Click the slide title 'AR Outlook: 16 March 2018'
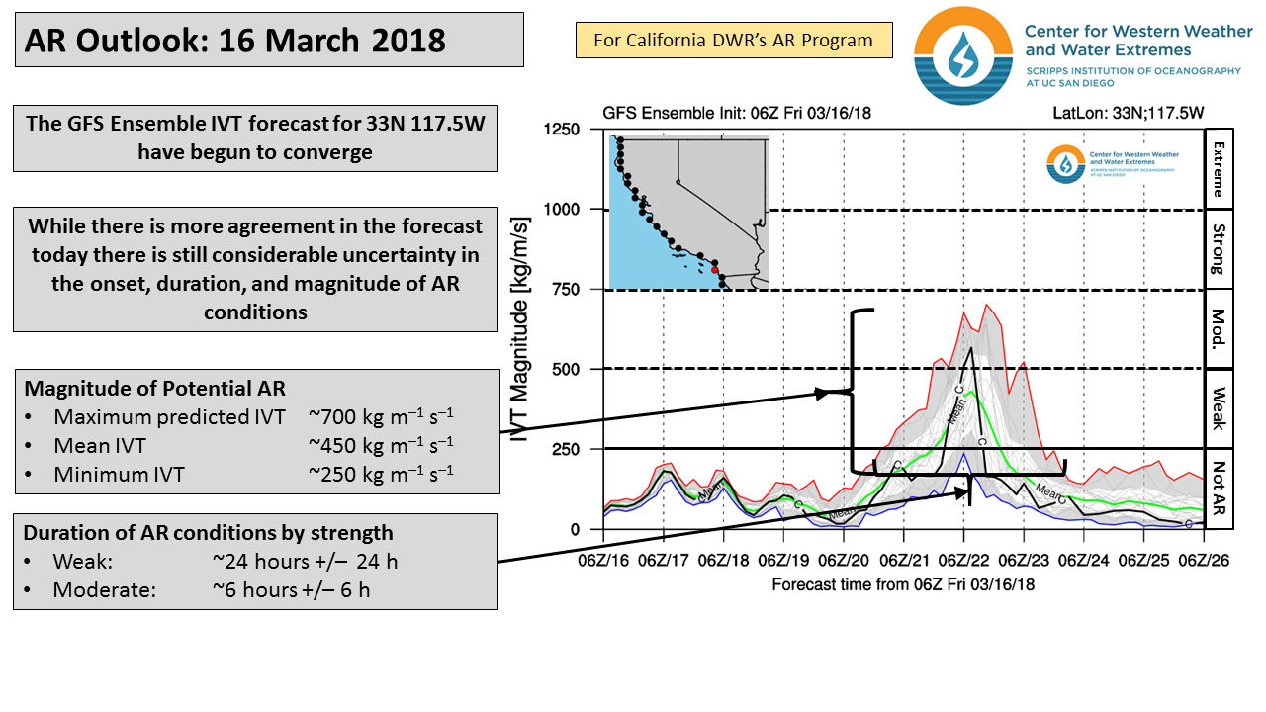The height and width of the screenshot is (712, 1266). tap(235, 41)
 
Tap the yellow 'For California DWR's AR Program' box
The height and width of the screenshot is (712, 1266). tap(733, 41)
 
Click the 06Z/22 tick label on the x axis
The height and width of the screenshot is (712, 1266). tap(963, 561)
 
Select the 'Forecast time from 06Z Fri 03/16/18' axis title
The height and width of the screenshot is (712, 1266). tap(903, 584)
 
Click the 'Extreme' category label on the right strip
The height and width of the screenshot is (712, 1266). tap(1219, 168)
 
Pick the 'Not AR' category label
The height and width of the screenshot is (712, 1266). tap(1219, 489)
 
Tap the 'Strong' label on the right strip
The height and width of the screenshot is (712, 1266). tap(1219, 249)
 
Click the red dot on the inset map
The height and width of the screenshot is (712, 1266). tap(714, 268)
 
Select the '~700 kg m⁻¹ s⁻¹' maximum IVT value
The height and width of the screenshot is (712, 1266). tap(381, 416)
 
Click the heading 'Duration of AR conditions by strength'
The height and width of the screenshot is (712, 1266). tap(208, 533)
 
